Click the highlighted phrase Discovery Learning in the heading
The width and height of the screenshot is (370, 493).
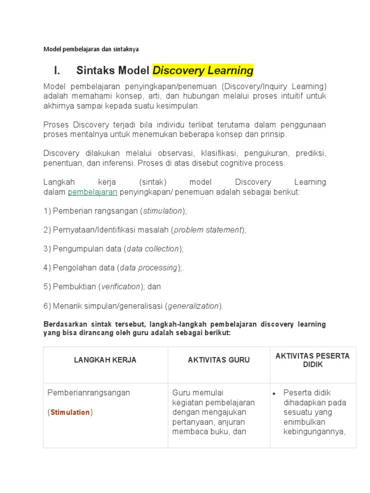(203, 71)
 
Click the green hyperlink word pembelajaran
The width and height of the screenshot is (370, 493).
(92, 192)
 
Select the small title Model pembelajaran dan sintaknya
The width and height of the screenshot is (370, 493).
(91, 49)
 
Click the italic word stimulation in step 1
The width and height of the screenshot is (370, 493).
(163, 211)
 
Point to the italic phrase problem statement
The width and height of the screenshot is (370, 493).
(208, 230)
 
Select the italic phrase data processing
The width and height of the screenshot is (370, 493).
(149, 268)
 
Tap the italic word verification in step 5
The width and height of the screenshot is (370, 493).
(121, 286)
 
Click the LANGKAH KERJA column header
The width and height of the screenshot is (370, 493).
(105, 360)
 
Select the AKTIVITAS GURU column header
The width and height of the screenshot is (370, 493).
(219, 360)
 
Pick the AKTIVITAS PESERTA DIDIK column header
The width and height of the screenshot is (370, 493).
(313, 360)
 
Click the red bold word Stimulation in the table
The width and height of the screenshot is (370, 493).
(70, 412)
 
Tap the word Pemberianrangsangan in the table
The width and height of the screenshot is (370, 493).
(89, 393)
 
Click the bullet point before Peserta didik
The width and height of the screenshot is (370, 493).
(274, 393)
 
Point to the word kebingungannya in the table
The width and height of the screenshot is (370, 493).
(315, 431)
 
